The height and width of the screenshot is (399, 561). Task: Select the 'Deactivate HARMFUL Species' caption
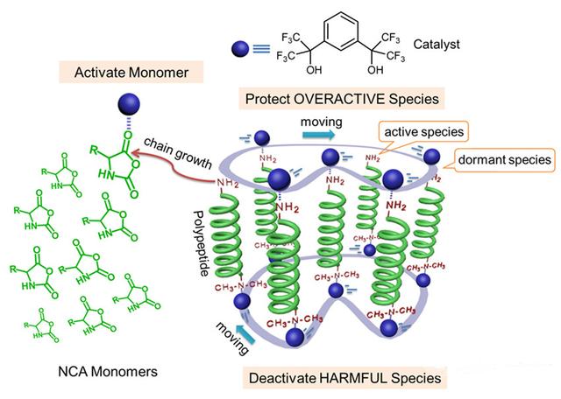(x=354, y=377)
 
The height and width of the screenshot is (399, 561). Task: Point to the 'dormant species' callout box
(x=496, y=161)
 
